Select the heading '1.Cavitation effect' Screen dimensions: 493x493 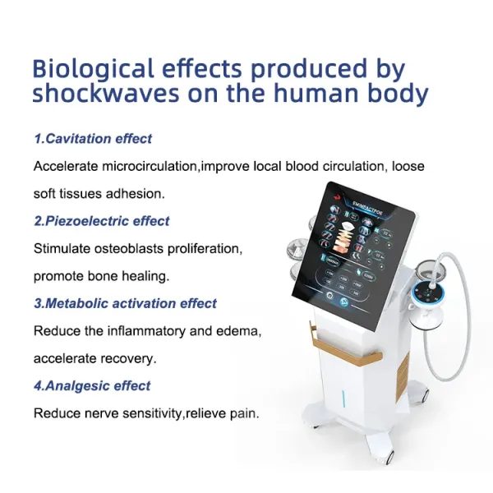pyautogui.click(x=93, y=139)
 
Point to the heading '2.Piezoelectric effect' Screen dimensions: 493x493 pyautogui.click(x=102, y=220)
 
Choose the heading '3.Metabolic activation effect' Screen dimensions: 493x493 pyautogui.click(x=125, y=304)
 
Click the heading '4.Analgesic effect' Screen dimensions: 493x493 pyautogui.click(x=92, y=385)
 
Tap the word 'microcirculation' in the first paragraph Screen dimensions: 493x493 pyautogui.click(x=150, y=166)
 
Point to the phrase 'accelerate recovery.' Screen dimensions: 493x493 pyautogui.click(x=94, y=358)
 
